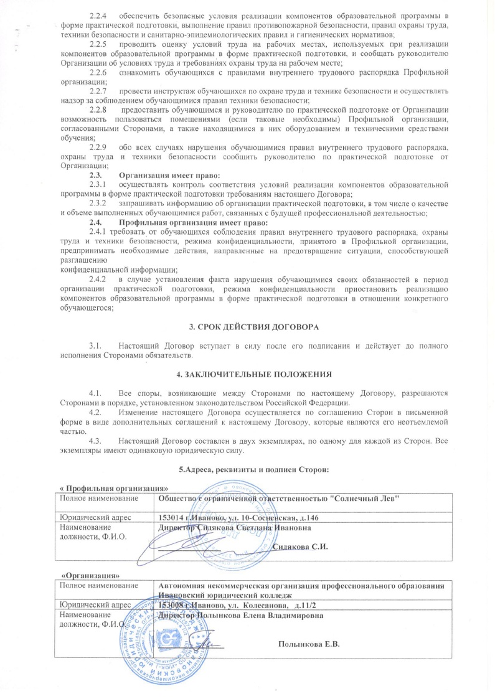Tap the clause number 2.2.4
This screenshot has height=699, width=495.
pos(99,13)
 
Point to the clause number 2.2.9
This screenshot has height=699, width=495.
pos(99,146)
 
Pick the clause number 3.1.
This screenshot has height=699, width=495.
pos(96,344)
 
